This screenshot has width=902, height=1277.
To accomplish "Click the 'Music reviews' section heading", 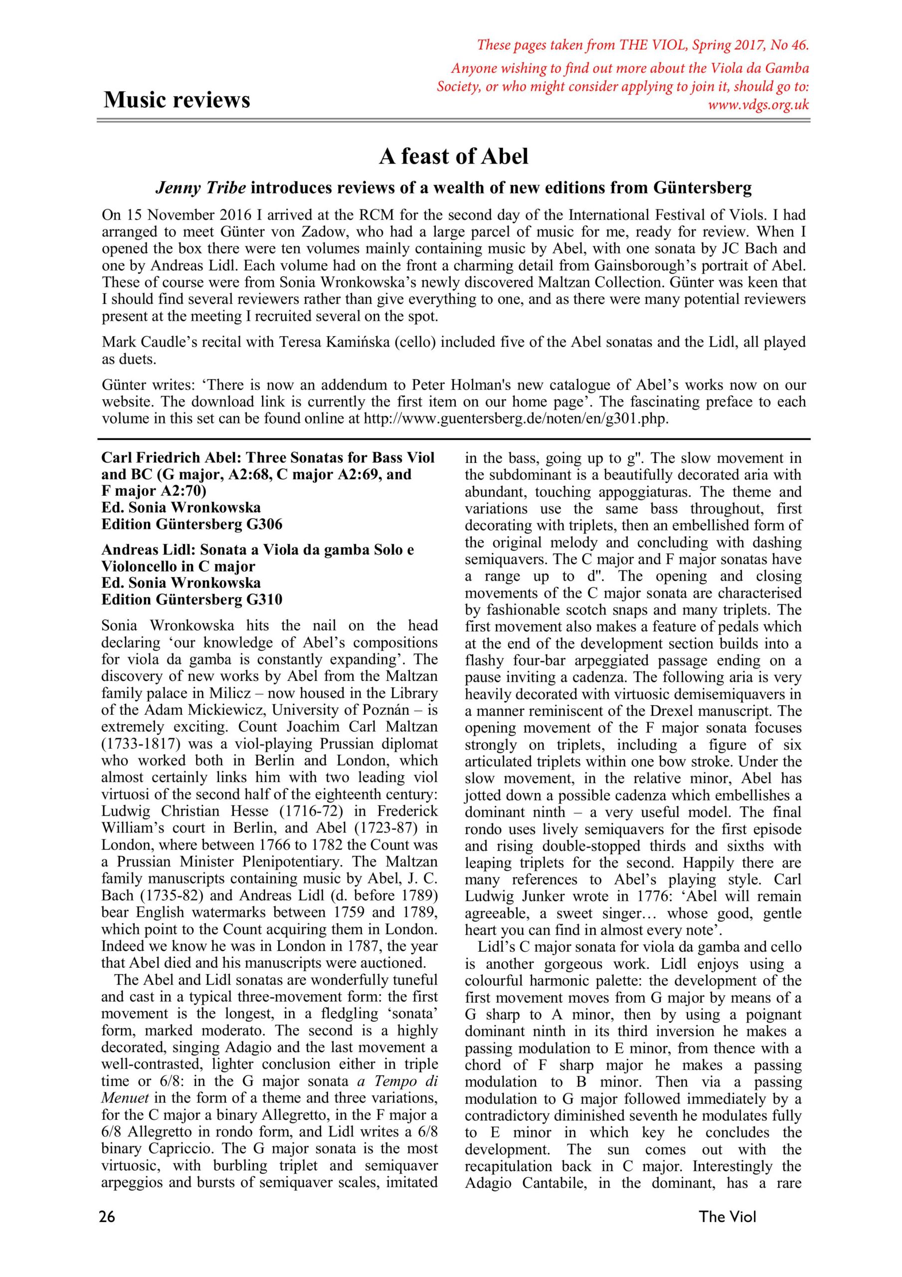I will pos(177,100).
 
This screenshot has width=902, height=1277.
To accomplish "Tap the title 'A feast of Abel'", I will pos(453,157).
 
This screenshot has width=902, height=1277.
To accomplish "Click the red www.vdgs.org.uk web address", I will pos(758,105).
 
